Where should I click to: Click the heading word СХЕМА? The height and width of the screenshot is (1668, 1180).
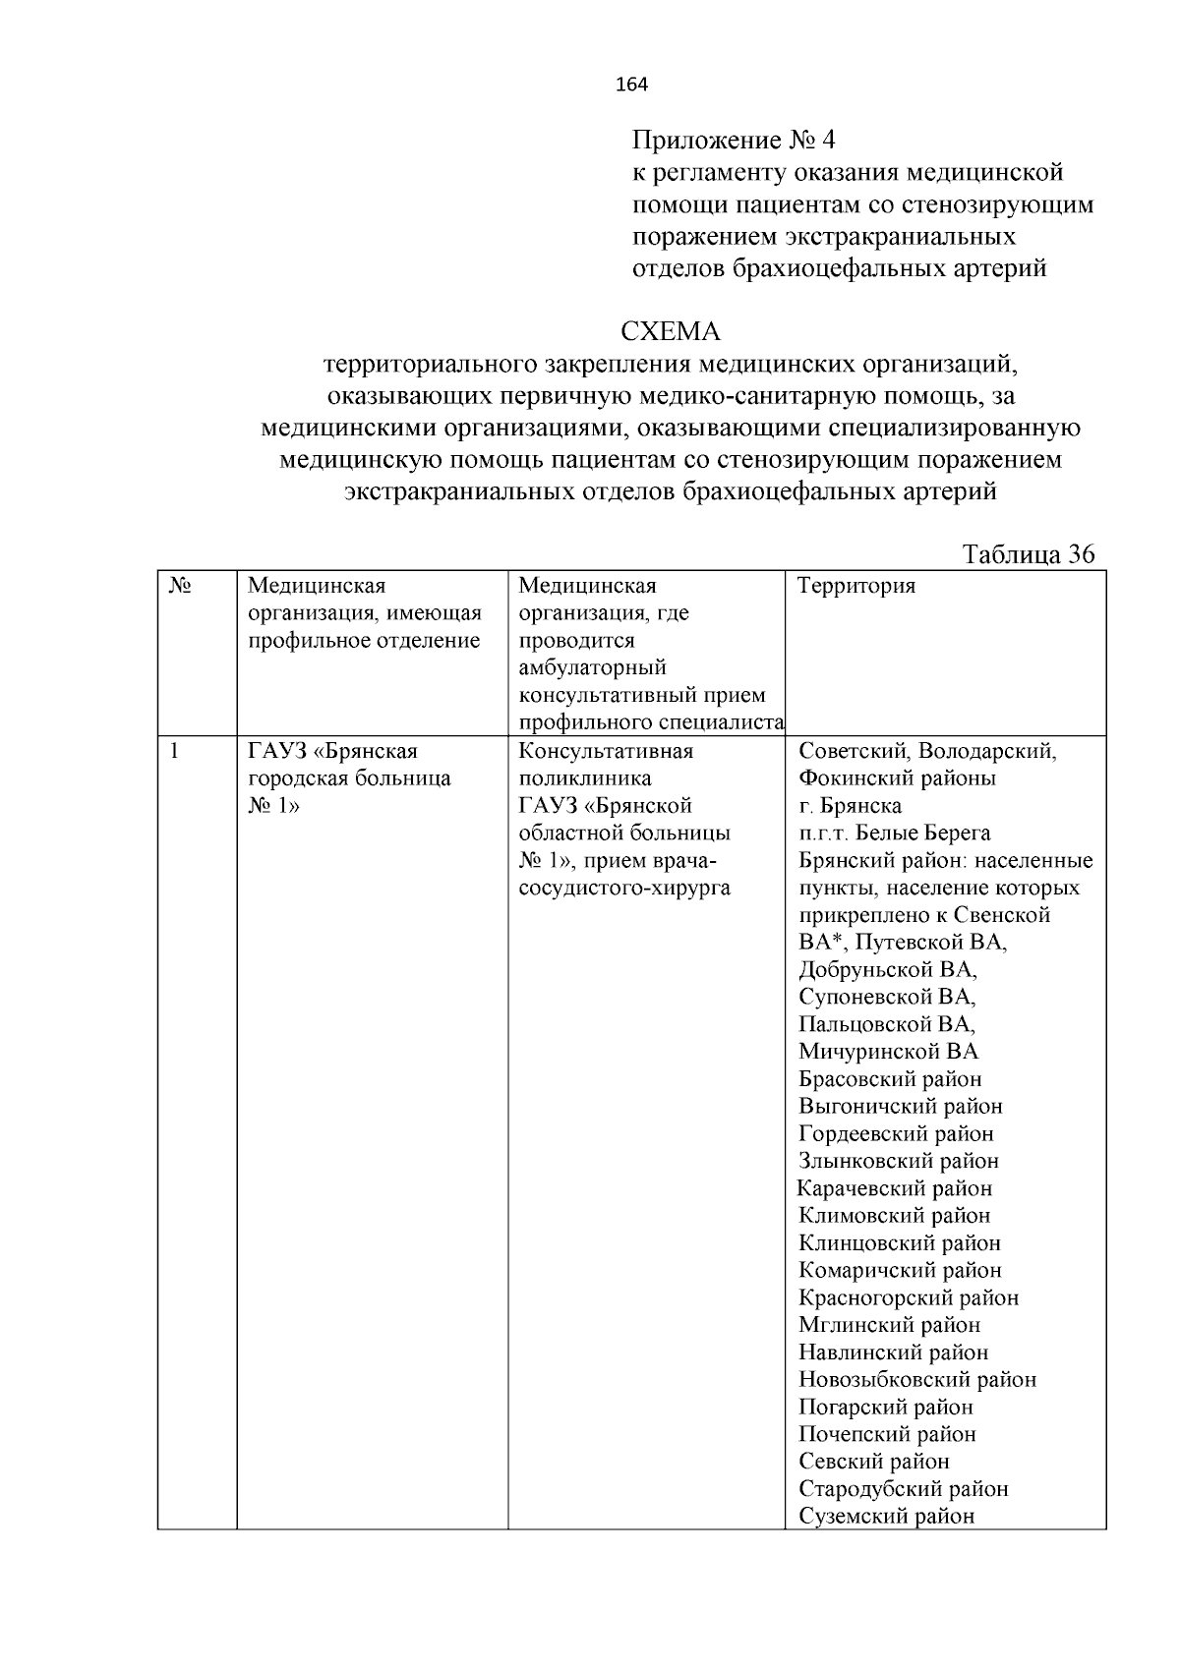[671, 330]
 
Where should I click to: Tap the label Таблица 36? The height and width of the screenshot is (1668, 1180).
[1029, 554]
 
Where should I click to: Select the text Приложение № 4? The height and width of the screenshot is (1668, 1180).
[733, 139]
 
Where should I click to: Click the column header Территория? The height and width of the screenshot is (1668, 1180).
[856, 587]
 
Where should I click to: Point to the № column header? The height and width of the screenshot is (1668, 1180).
[180, 586]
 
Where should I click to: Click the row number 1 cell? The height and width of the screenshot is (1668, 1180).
[175, 752]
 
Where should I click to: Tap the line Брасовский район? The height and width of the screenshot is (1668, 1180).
[890, 1079]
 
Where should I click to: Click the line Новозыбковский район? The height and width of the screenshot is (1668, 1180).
[917, 1379]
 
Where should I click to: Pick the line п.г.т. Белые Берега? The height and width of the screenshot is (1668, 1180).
[894, 834]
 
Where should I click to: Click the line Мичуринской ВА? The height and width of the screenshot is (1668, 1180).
[888, 1052]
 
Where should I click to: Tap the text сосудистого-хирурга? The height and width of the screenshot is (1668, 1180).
[623, 888]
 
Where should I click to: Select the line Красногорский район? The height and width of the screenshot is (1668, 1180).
[909, 1297]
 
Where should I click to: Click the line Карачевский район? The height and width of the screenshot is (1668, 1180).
[895, 1188]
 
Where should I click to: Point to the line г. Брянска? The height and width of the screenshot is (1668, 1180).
[850, 806]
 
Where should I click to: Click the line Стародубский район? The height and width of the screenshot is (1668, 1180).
[904, 1488]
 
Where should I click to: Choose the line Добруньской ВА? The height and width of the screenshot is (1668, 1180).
[888, 970]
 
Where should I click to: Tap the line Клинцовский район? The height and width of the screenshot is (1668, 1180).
[900, 1242]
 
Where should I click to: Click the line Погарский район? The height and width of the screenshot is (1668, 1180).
[886, 1407]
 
